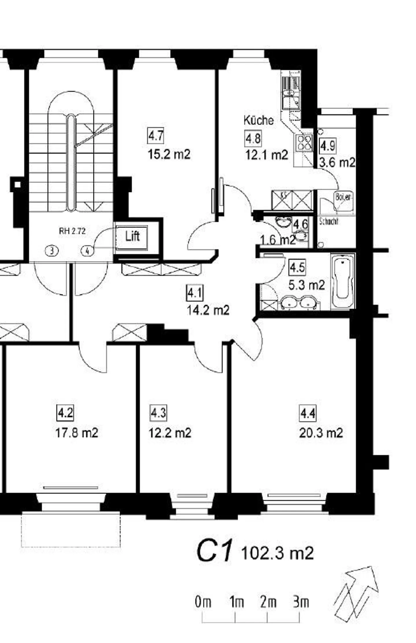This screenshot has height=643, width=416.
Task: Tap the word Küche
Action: point(258,120)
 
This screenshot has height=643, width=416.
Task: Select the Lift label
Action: point(132,236)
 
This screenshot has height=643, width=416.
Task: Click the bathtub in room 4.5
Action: point(343,281)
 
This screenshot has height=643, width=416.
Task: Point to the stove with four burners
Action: point(304,143)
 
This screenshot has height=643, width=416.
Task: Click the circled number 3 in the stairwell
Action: point(52,250)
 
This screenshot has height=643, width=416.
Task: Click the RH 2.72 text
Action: point(72,231)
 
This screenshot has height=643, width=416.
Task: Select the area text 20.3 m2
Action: point(321,433)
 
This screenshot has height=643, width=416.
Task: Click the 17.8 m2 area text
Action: point(77,433)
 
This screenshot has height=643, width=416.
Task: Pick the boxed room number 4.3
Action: point(158,413)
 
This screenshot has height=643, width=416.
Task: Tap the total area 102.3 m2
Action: point(277,553)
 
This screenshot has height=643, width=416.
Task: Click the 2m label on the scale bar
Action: point(268,603)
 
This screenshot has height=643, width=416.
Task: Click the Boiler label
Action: point(343,197)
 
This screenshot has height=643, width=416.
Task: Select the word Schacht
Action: point(328,222)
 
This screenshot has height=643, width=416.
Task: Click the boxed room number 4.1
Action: point(195,293)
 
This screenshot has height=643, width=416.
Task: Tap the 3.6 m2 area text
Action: point(337,163)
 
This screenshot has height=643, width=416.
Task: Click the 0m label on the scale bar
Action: point(203,603)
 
